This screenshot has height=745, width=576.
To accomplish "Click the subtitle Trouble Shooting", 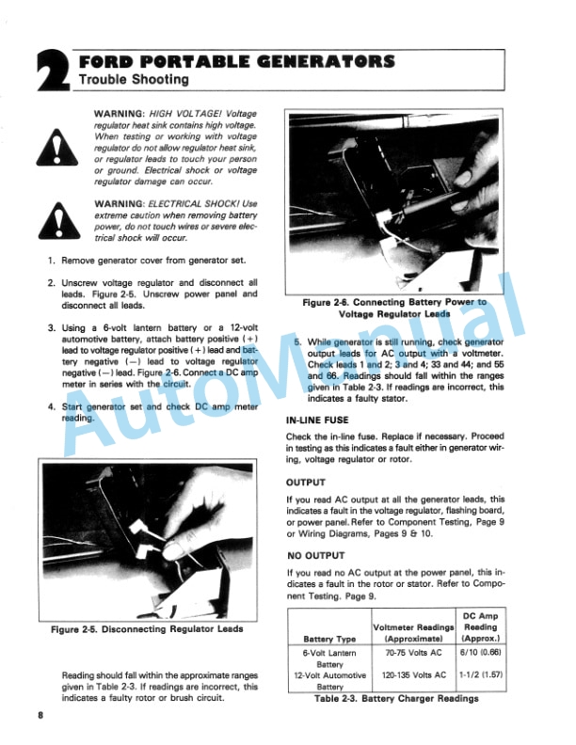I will coord(135,81).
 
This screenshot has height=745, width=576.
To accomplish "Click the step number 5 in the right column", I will coord(298,341).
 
